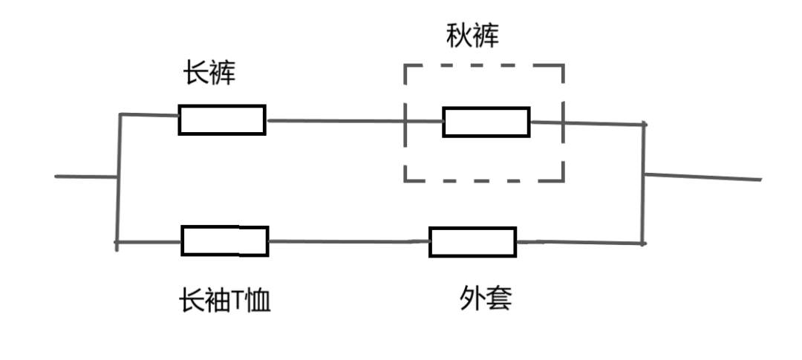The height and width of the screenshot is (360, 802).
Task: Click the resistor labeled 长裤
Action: (221, 120)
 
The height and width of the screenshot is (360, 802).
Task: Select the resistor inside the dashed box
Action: (486, 122)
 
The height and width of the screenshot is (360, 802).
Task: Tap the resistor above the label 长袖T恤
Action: (224, 240)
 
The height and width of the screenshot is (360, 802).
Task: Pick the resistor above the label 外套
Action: (472, 242)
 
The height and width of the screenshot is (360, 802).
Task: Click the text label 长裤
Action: (209, 73)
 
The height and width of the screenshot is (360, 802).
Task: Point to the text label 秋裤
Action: (472, 36)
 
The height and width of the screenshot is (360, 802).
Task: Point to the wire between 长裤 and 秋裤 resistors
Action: (334, 120)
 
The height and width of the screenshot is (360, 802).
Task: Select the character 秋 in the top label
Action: (459, 36)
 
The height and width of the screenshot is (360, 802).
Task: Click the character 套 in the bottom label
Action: (499, 299)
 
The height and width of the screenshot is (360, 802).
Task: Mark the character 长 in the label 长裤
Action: (196, 73)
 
